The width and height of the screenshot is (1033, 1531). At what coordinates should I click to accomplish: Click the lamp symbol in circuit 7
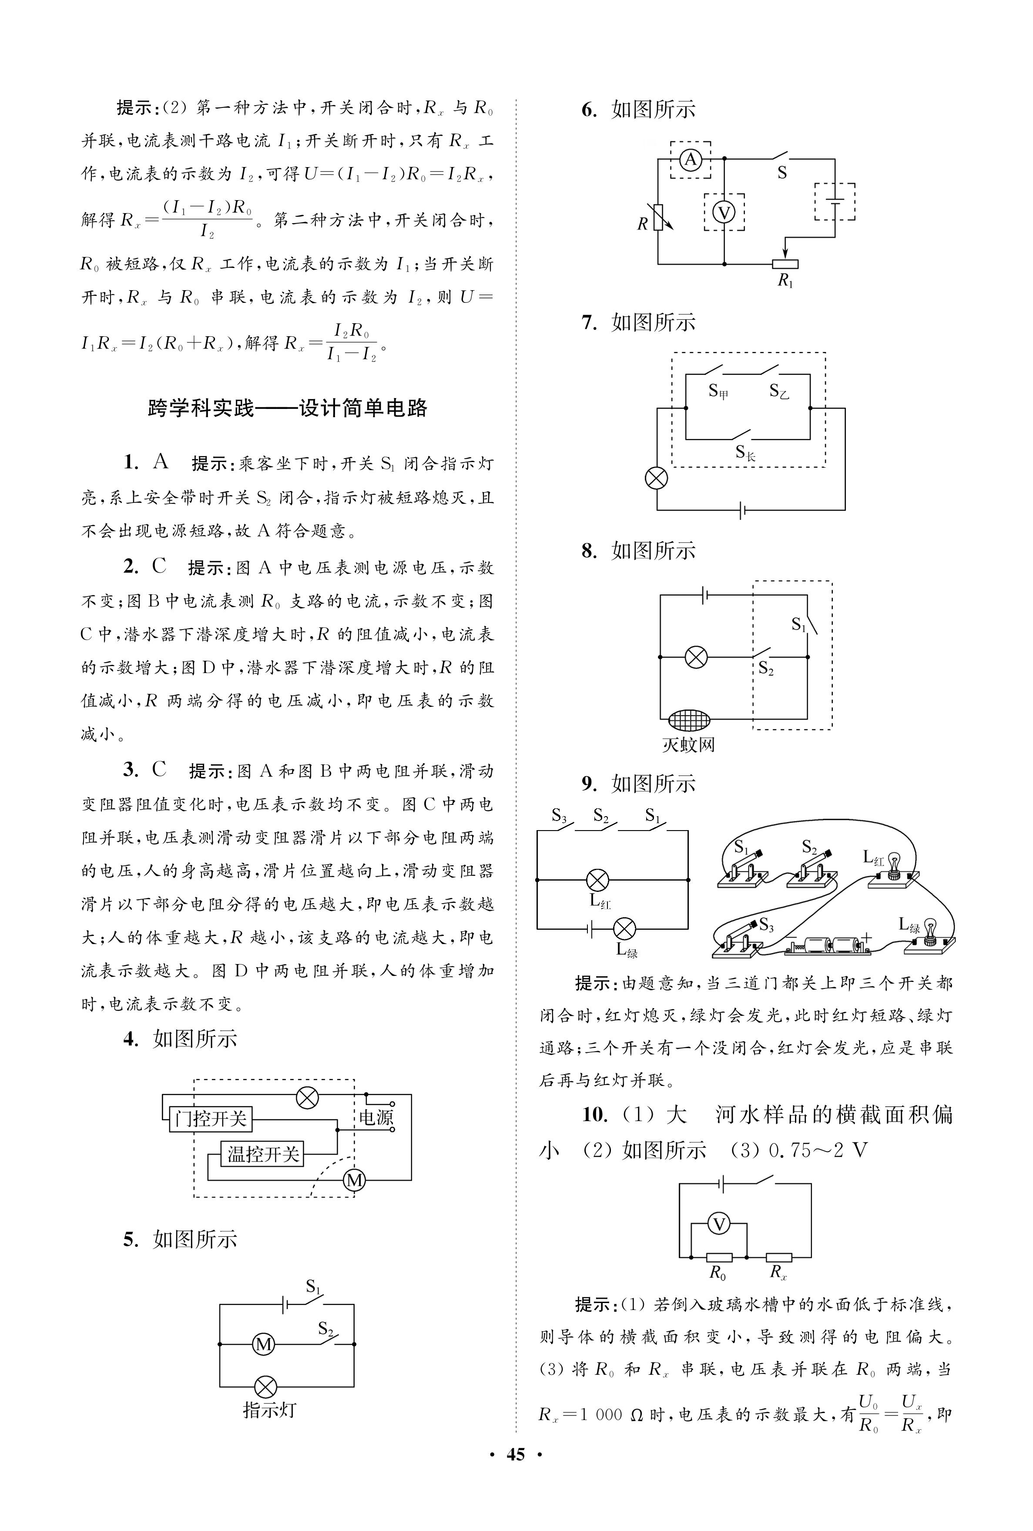pyautogui.click(x=656, y=478)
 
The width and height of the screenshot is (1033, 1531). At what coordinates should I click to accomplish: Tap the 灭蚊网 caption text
pyautogui.click(x=688, y=745)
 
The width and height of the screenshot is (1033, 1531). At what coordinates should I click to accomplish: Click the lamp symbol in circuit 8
pyautogui.click(x=696, y=657)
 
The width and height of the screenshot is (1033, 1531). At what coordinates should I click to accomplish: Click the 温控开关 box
pyautogui.click(x=263, y=1154)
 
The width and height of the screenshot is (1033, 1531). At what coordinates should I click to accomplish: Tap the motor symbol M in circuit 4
pyautogui.click(x=355, y=1180)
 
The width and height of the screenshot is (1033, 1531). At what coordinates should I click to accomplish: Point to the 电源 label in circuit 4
pyautogui.click(x=376, y=1117)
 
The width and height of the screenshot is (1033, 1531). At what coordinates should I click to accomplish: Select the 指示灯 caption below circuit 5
pyautogui.click(x=269, y=1410)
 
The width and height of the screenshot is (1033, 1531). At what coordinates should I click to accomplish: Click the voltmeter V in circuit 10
pyautogui.click(x=719, y=1224)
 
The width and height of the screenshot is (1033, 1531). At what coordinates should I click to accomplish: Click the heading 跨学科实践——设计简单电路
pyautogui.click(x=288, y=408)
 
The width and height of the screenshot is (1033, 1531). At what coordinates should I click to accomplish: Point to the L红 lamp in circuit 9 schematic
pyautogui.click(x=597, y=879)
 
